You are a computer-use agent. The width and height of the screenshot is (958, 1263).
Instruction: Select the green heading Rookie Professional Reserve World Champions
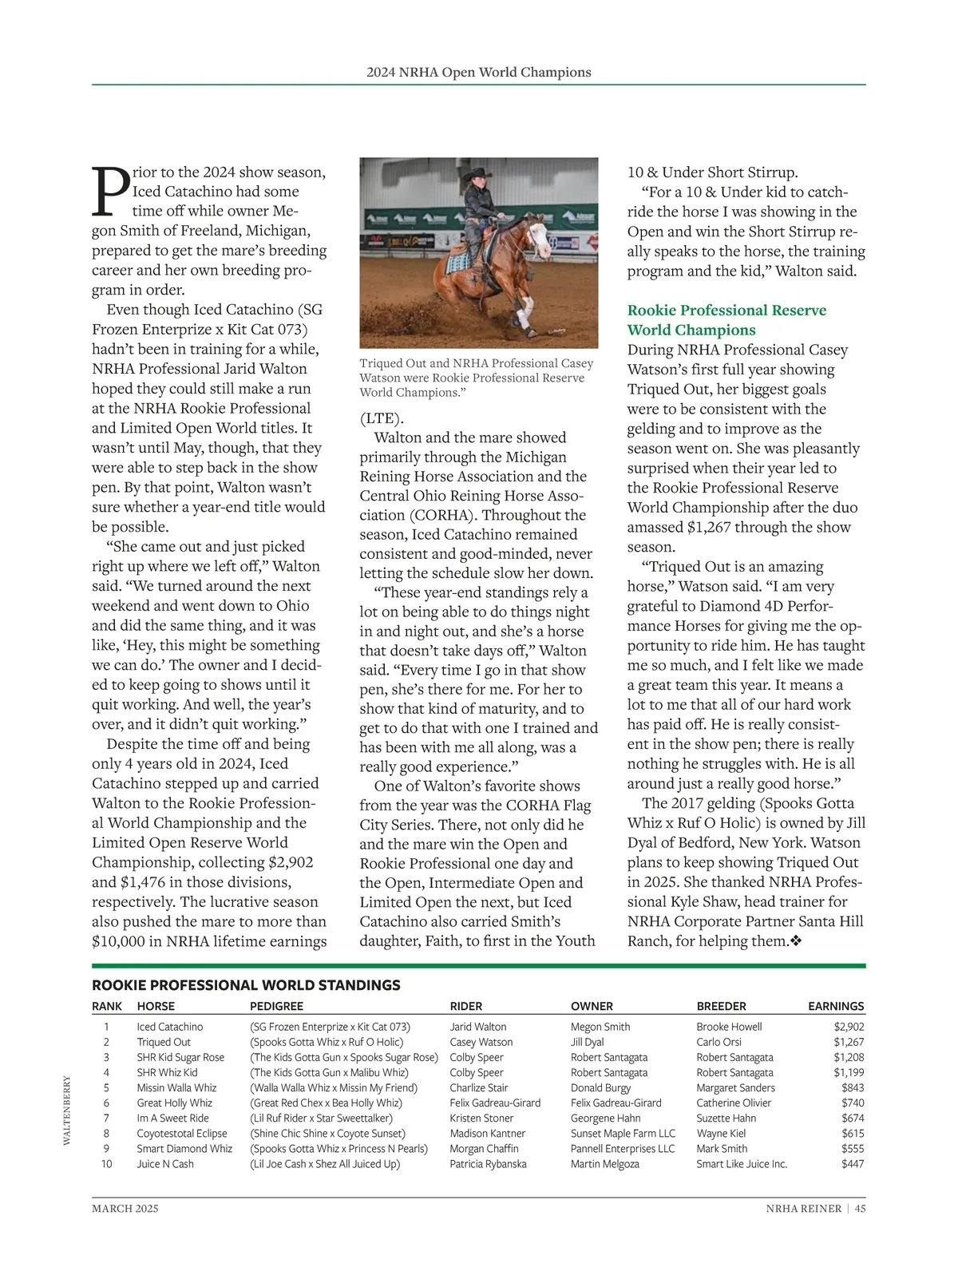[x=726, y=320]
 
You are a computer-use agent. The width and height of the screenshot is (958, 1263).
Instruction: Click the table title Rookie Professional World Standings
[x=246, y=985]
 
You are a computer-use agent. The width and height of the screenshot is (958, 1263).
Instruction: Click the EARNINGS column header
[x=836, y=1006]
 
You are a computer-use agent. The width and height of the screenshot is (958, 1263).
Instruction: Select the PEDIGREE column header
[x=276, y=1006]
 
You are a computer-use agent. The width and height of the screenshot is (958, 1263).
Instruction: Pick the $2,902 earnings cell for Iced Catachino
[x=849, y=1027]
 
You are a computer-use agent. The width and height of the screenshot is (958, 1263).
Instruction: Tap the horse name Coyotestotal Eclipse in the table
[x=182, y=1133]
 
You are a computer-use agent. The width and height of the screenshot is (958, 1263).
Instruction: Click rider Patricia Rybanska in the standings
[x=488, y=1163]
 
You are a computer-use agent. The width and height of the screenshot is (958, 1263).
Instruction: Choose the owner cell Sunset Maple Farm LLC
[x=623, y=1133]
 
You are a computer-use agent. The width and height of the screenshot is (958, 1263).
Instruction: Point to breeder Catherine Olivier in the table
[x=734, y=1103]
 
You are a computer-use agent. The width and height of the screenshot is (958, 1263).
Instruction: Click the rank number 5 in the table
[x=106, y=1087]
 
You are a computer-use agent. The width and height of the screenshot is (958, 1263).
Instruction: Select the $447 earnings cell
[x=853, y=1163]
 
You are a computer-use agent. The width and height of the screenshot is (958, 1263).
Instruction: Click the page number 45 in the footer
[x=860, y=1208]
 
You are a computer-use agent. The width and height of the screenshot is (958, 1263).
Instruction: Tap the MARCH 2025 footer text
[x=125, y=1208]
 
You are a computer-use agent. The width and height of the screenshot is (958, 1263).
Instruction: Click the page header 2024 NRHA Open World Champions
[x=479, y=72]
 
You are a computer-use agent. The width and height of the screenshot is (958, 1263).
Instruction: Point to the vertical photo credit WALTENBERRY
[x=67, y=1110]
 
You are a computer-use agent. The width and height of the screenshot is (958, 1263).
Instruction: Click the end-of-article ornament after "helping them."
[x=795, y=941]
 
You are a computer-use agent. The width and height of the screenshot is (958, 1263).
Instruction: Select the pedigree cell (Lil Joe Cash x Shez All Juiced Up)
[x=325, y=1163]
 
